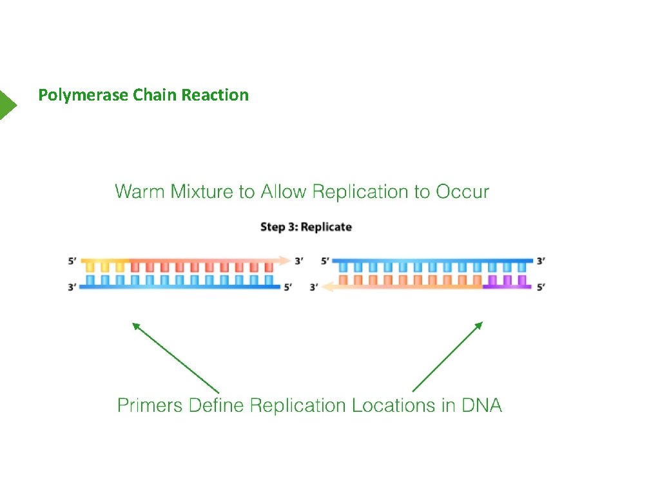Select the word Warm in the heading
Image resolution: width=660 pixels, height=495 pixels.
[141, 191]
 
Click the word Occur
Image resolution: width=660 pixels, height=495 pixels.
[463, 191]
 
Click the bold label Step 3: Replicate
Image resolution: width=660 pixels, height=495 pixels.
[306, 227]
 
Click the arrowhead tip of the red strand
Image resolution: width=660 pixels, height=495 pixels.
[290, 260]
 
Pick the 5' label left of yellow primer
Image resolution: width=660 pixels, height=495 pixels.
[72, 261]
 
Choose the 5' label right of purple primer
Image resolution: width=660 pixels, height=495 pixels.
[541, 287]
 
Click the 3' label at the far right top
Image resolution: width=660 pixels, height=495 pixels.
[541, 261]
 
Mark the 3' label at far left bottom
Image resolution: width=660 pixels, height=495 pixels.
[72, 287]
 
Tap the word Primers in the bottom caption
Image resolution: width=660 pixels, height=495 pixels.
[150, 405]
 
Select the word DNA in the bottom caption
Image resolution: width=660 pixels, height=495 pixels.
[481, 405]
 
